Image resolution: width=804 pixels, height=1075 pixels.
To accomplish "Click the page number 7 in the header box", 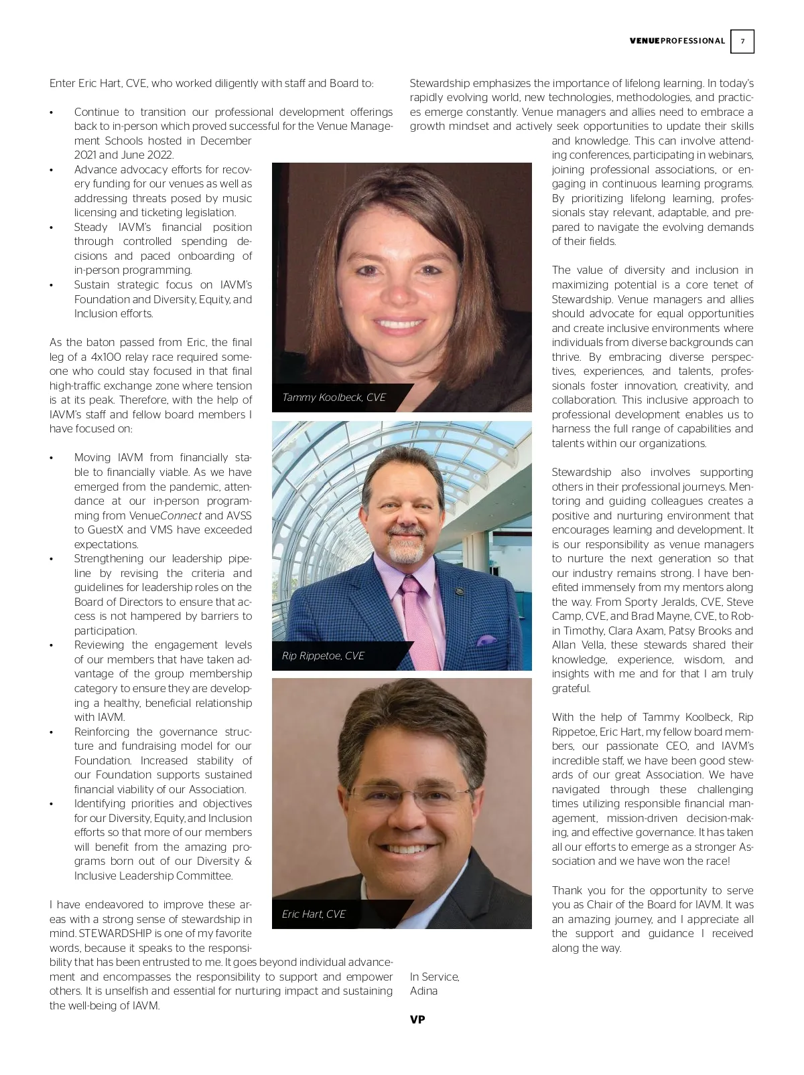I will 742,42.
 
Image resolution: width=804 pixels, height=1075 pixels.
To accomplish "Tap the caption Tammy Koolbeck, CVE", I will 334,398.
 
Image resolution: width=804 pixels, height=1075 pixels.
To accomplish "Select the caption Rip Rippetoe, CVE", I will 323,656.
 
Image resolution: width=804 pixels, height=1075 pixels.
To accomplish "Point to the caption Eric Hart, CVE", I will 314,914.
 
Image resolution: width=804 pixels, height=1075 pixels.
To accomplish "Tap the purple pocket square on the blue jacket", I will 486,641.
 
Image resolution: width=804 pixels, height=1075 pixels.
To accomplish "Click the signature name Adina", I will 423,991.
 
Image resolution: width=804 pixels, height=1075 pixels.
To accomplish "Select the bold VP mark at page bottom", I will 417,1019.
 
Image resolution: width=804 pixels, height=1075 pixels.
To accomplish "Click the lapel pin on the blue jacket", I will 459,591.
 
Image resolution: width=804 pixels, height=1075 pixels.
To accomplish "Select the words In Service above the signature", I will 434,977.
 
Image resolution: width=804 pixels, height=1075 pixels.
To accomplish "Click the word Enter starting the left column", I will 63,84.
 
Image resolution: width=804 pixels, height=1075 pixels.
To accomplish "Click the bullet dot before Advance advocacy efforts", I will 52,170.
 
